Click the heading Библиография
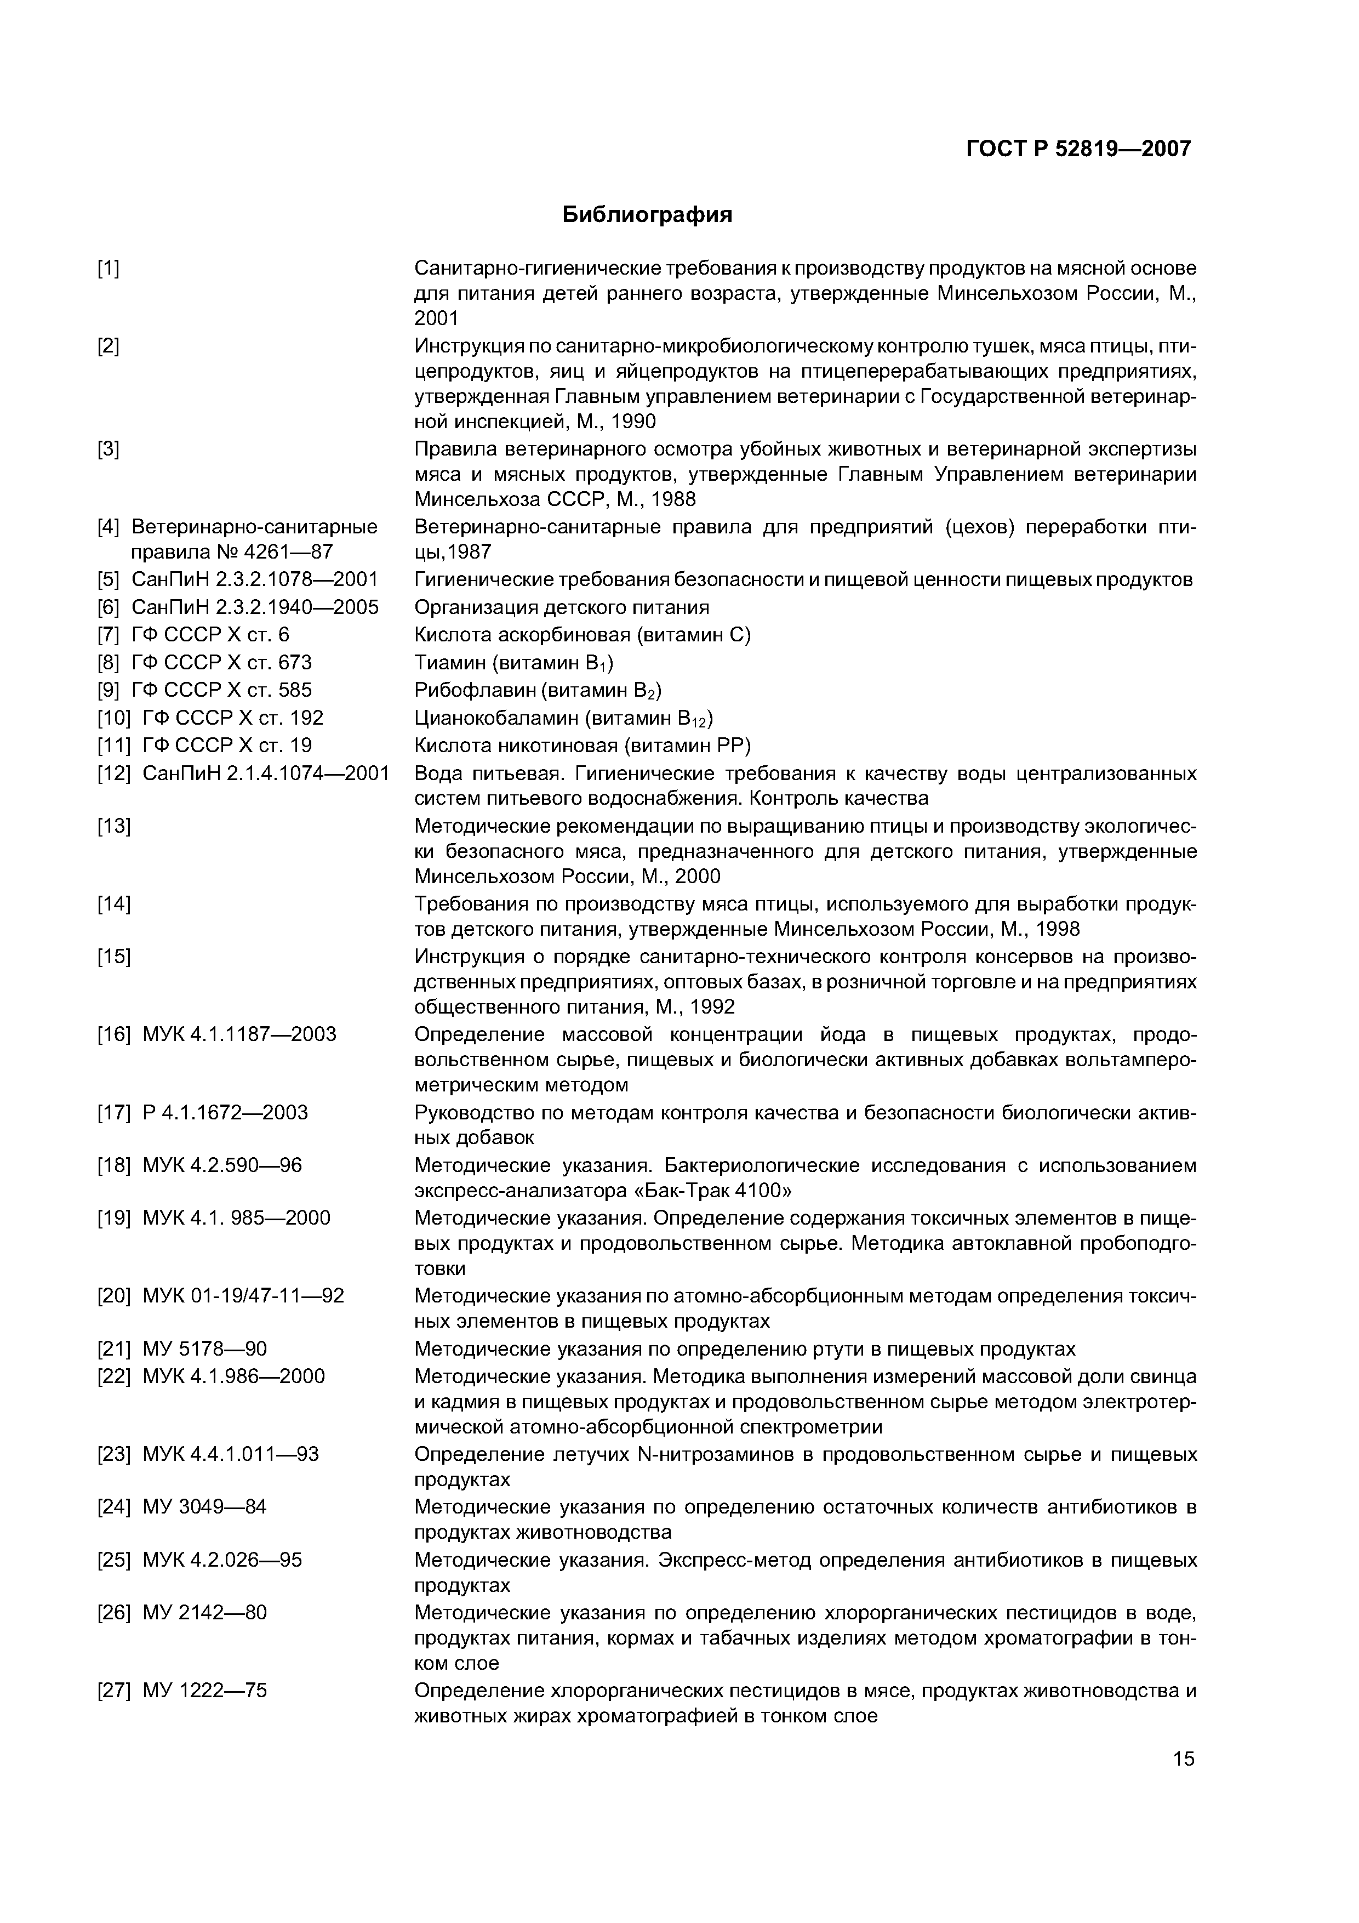[647, 215]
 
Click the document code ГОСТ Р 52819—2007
[1078, 149]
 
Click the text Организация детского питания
[562, 607]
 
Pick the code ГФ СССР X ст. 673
[221, 663]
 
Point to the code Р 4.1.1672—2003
[225, 1112]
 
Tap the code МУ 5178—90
[205, 1349]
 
